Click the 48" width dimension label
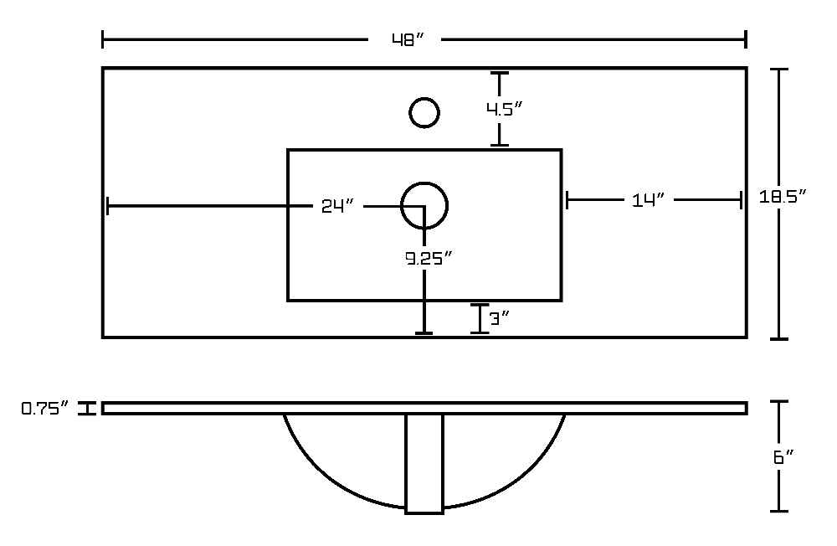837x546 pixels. coord(408,40)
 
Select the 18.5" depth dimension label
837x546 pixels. coord(782,197)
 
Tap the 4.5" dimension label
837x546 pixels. coord(503,109)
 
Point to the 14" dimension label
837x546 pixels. coord(649,200)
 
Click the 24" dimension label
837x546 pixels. coord(337,206)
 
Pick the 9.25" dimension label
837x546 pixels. coord(429,259)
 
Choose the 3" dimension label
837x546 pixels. coord(500,319)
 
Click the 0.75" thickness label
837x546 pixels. coord(45,409)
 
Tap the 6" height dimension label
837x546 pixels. coord(783,457)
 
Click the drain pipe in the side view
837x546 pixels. coord(424,464)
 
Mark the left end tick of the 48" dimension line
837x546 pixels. coord(102,39)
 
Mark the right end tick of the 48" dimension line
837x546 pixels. coord(746,39)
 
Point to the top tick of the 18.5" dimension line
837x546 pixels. coord(779,70)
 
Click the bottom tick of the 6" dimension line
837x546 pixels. coord(779,512)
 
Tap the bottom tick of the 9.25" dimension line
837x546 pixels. coord(424,333)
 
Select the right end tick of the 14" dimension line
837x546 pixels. coord(741,200)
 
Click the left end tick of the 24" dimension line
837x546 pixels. coord(108,206)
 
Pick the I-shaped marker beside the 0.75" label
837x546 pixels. coord(86,409)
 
